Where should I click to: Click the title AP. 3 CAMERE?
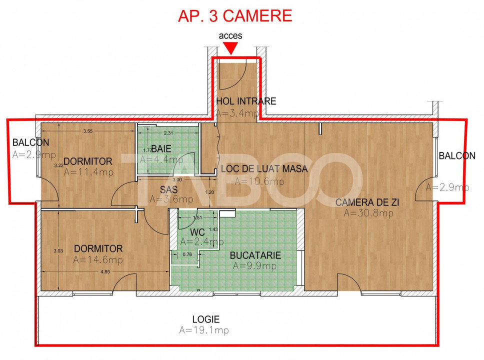click(234, 15)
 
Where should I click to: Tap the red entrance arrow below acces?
click(230, 48)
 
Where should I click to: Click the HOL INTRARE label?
click(246, 101)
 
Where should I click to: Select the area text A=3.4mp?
click(237, 113)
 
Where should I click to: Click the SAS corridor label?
click(169, 189)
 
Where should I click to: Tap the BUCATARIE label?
click(255, 255)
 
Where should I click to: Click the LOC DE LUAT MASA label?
click(264, 169)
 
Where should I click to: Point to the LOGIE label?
click(206, 319)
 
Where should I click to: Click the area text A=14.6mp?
click(97, 260)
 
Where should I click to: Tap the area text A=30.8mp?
click(368, 213)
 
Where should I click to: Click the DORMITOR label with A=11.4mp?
click(88, 161)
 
